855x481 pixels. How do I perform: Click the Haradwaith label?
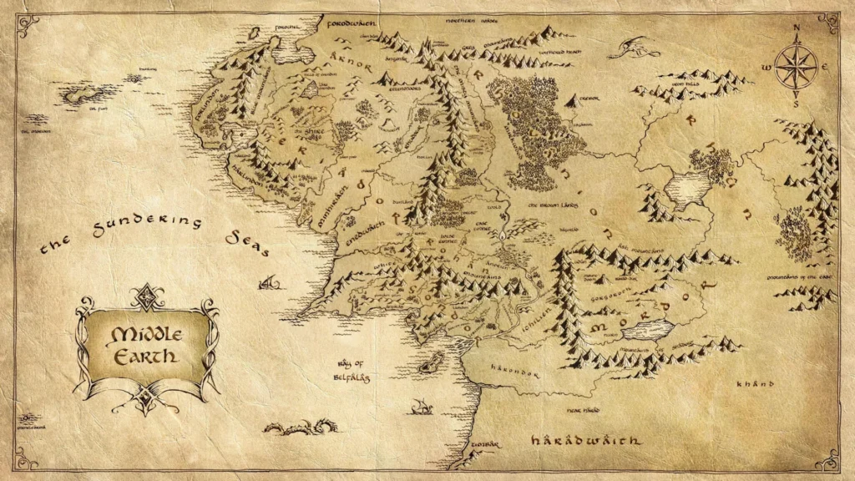click(x=586, y=440)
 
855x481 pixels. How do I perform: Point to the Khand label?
click(x=751, y=385)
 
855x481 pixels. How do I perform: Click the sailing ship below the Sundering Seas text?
click(x=269, y=284)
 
